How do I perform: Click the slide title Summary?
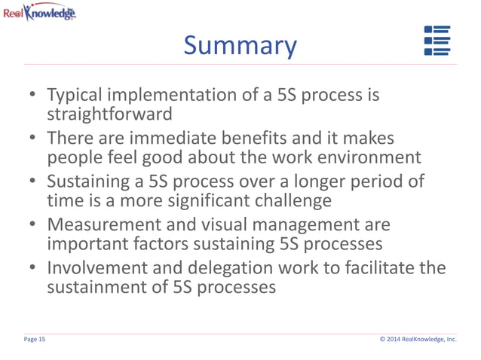[240, 47]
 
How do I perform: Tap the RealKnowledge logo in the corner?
[39, 12]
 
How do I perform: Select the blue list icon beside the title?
[437, 41]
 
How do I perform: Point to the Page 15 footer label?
[35, 340]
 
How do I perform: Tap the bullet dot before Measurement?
[33, 226]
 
